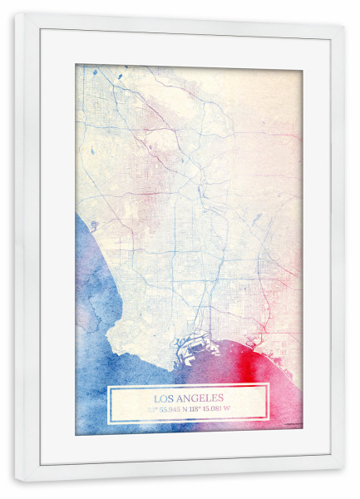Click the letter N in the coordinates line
click(x=195, y=408)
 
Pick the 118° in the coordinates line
click(x=210, y=408)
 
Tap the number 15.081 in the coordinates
click(x=232, y=408)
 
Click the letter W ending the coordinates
click(x=250, y=408)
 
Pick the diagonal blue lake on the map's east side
click(x=257, y=220)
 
